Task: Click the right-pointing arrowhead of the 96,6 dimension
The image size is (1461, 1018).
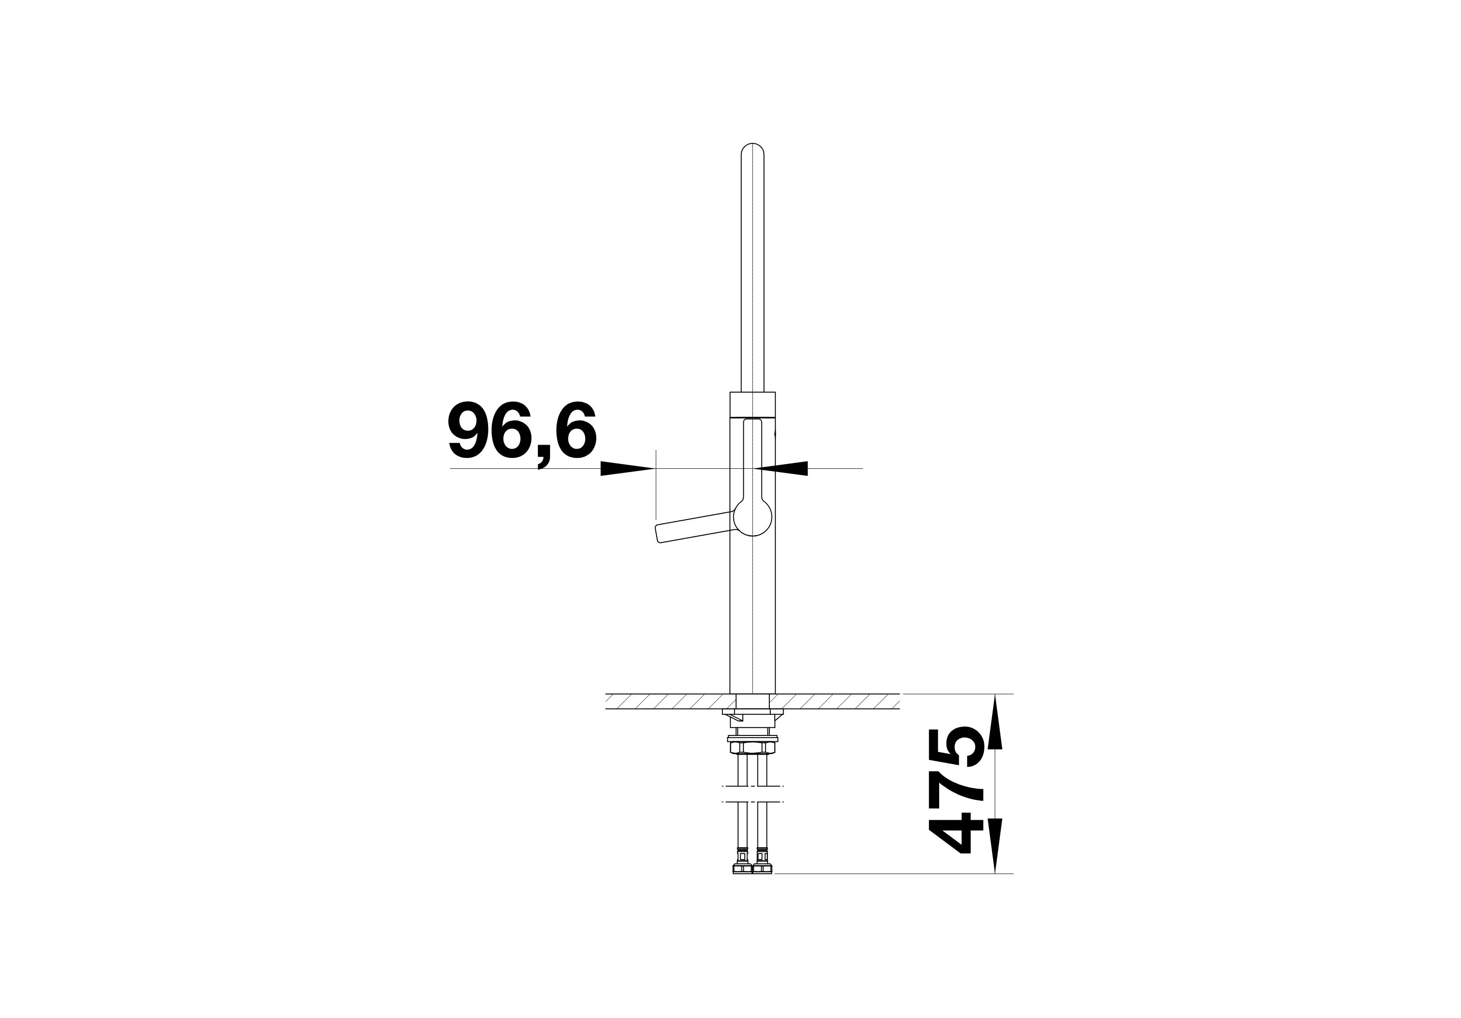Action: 627,468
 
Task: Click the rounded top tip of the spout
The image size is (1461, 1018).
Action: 753,147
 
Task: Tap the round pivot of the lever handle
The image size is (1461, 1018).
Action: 753,517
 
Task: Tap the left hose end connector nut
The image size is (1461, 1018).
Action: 742,868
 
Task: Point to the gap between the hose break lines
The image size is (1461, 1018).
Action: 753,795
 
